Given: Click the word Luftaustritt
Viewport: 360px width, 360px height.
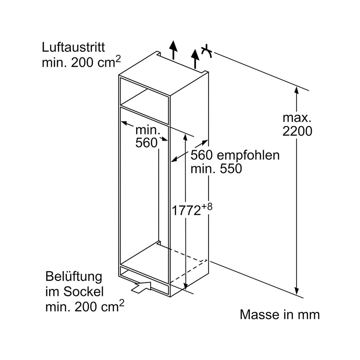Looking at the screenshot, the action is [73, 47].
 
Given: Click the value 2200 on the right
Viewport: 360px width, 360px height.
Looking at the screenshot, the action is [297, 131].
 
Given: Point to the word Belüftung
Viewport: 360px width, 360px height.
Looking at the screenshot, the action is [74, 277].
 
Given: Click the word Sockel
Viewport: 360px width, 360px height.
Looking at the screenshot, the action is [84, 292].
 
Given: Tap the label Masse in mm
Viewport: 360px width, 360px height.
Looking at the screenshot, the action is [280, 315].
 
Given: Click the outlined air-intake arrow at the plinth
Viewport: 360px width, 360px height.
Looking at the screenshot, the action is [141, 287].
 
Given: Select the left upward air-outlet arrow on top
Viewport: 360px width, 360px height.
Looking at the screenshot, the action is [174, 50].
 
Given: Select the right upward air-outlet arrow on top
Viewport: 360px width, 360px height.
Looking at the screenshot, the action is [195, 59].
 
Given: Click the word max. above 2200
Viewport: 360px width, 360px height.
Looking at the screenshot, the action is [297, 118].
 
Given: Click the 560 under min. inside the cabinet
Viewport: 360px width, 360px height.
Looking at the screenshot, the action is [146, 143].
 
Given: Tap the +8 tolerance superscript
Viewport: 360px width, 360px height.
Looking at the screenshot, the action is [207, 207].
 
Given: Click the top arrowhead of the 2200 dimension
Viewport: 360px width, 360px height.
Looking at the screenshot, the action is [297, 90].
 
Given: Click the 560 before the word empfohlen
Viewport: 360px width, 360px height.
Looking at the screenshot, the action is [202, 156].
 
